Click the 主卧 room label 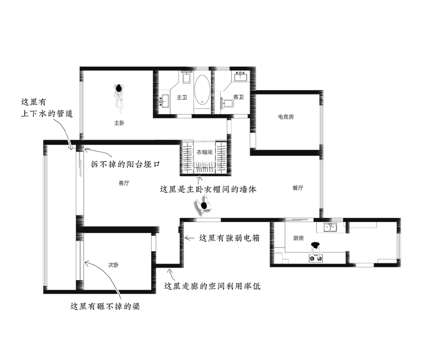pyautogui.click(x=119, y=123)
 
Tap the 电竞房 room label pyautogui.click(x=286, y=117)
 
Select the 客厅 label pyautogui.click(x=124, y=183)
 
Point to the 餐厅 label pyautogui.click(x=298, y=188)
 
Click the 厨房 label pyautogui.click(x=298, y=238)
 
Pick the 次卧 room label pyautogui.click(x=113, y=265)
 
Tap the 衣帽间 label pyautogui.click(x=204, y=152)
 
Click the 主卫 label pyautogui.click(x=182, y=97)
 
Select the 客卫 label pyautogui.click(x=239, y=97)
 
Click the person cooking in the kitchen pyautogui.click(x=315, y=248)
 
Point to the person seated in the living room pyautogui.click(x=203, y=206)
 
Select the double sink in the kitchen pyautogui.click(x=330, y=227)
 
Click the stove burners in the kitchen pyautogui.click(x=316, y=258)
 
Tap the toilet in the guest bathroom pyautogui.click(x=227, y=103)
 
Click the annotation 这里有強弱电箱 pyautogui.click(x=229, y=238)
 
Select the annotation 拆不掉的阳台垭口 pyautogui.click(x=125, y=164)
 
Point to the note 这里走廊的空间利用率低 pyautogui.click(x=213, y=286)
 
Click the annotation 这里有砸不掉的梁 pyautogui.click(x=105, y=306)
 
